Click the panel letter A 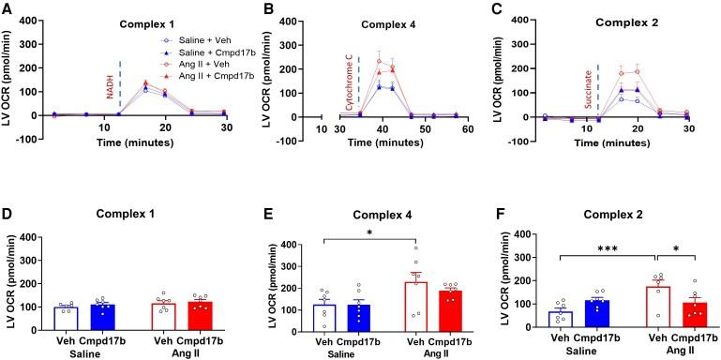(8, 8)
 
